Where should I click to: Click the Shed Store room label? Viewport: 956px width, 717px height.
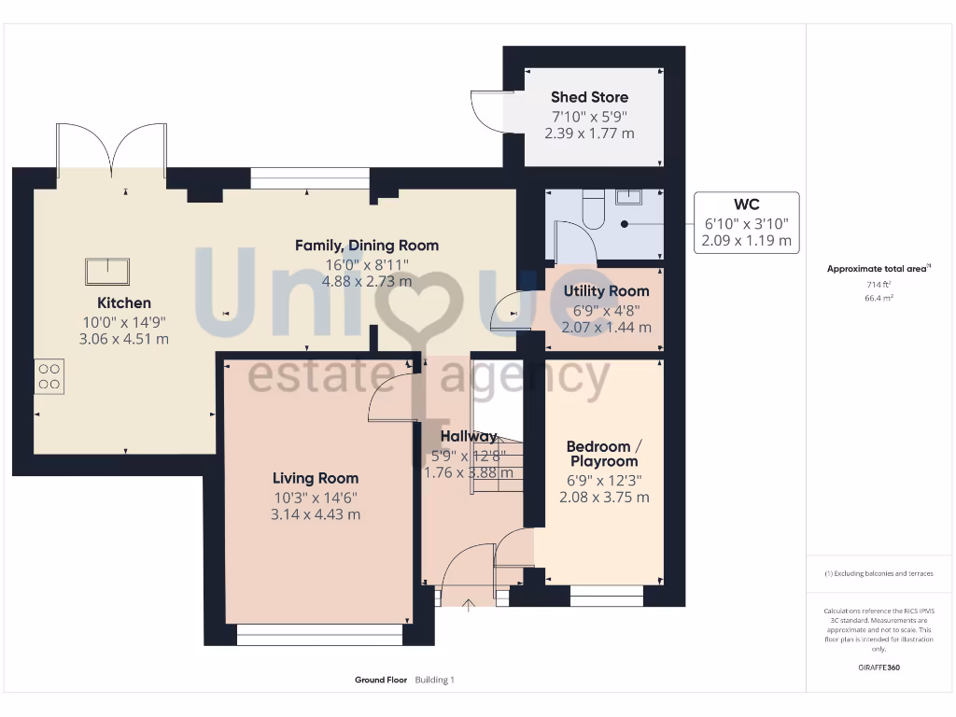point(589,97)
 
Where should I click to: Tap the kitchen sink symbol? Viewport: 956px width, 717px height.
point(107,271)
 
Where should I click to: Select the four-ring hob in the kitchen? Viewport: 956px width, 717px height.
point(49,375)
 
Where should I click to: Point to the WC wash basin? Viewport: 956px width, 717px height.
point(628,196)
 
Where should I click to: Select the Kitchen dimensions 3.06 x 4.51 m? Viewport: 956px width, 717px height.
point(124,338)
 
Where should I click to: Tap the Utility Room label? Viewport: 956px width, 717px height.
point(606,291)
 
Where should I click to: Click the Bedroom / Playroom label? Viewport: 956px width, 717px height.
point(604,454)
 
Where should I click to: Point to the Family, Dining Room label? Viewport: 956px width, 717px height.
point(367,246)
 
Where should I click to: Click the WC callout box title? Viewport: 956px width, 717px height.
point(746,204)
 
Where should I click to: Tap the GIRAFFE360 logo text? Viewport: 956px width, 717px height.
point(879,668)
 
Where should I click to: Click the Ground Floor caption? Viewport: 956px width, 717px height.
point(381,681)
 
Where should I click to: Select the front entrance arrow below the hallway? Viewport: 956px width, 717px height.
point(469,604)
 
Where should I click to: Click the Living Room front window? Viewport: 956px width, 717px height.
point(319,635)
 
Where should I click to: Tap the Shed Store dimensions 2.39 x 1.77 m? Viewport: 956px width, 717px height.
point(589,134)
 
